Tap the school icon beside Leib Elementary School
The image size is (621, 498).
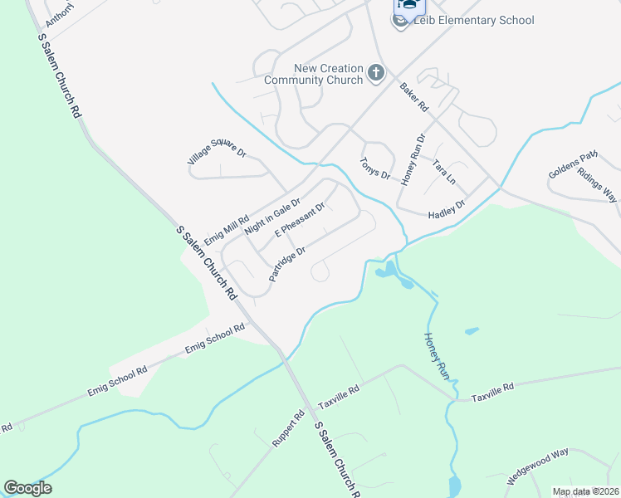coord(403,21)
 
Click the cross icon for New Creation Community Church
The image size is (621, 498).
coord(375,73)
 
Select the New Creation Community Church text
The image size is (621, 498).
coord(314,74)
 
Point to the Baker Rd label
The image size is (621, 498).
coord(413,97)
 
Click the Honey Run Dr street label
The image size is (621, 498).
coord(413,159)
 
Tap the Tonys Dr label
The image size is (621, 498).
coord(374,168)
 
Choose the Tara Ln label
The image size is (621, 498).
coord(444,173)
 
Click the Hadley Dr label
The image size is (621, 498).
coord(446,209)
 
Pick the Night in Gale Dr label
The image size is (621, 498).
coord(271,215)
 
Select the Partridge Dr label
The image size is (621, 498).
coord(288,262)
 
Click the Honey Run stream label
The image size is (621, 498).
coord(437,357)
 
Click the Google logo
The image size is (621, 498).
coord(27,488)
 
